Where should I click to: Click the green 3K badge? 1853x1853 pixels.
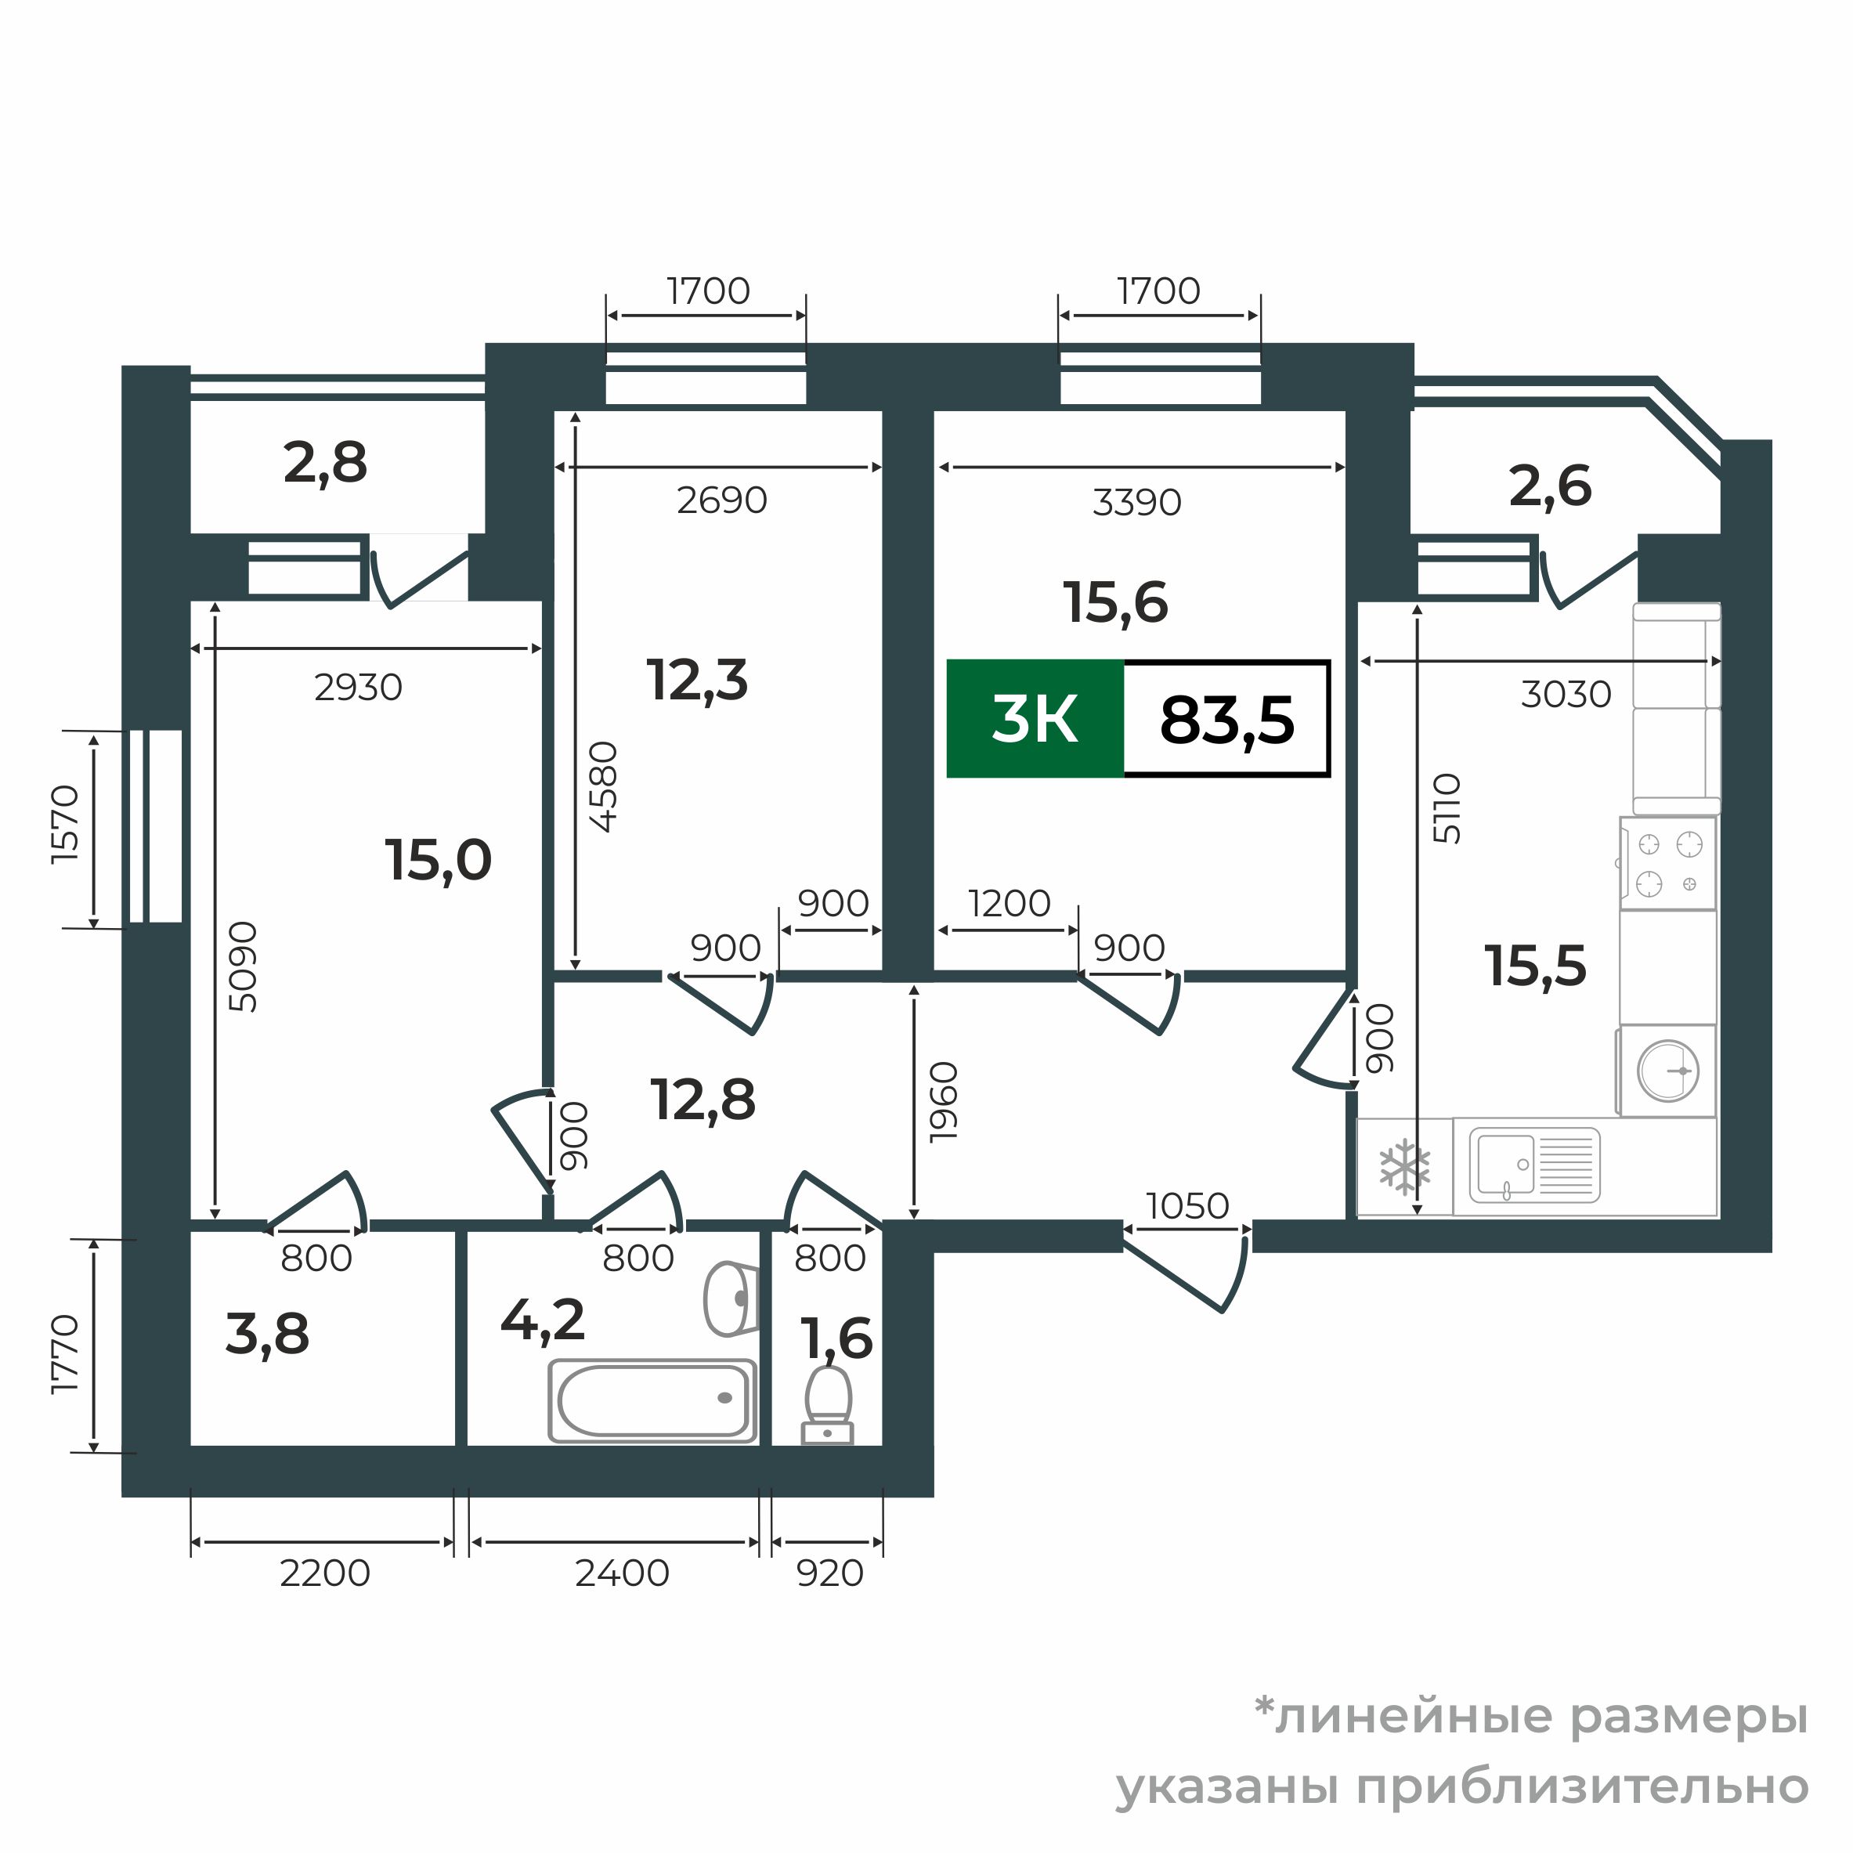click(x=1035, y=719)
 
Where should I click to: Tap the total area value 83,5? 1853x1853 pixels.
click(x=1226, y=721)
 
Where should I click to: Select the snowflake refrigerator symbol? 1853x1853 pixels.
click(x=1404, y=1167)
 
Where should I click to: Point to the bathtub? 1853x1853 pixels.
click(x=652, y=1400)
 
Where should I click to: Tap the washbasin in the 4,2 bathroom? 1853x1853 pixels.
click(x=731, y=1299)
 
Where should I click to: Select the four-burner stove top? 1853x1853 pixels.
click(x=1668, y=863)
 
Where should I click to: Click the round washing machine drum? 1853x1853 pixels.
click(x=1668, y=1071)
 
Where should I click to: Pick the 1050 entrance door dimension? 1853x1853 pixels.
click(x=1187, y=1205)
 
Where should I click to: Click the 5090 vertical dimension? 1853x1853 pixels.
click(x=244, y=966)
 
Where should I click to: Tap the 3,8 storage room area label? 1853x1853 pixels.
click(x=268, y=1334)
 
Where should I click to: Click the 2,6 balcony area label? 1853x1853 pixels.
click(x=1550, y=486)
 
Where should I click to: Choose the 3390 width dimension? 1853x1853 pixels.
click(x=1136, y=501)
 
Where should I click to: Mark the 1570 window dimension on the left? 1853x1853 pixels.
click(x=66, y=824)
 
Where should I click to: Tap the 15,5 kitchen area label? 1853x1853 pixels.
click(x=1536, y=965)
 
